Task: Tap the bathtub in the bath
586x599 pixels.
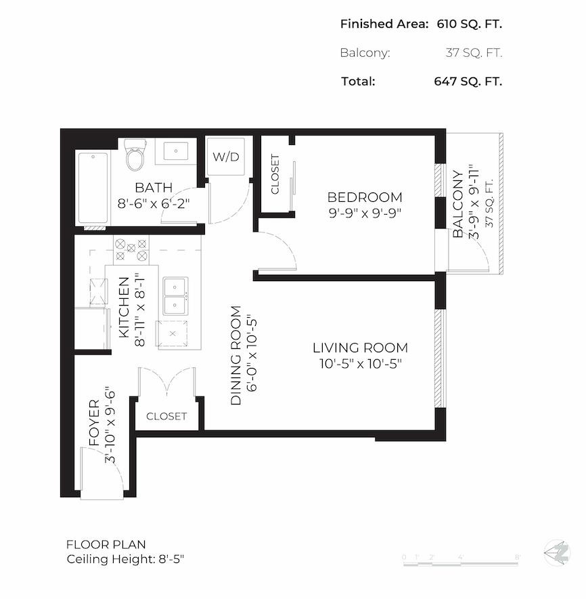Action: (93, 187)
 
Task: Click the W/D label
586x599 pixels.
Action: (226, 157)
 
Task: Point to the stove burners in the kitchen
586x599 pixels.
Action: (131, 249)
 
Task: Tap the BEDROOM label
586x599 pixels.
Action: (365, 197)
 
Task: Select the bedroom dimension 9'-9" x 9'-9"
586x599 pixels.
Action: (365, 212)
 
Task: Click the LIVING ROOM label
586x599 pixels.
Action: (360, 348)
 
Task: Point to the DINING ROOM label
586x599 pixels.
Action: (235, 356)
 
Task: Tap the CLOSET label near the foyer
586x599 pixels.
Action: (166, 416)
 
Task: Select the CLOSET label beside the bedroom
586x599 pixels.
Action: (275, 174)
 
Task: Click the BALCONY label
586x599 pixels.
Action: (459, 203)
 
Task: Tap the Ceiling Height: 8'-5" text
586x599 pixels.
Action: (126, 560)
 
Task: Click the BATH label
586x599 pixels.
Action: (154, 188)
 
